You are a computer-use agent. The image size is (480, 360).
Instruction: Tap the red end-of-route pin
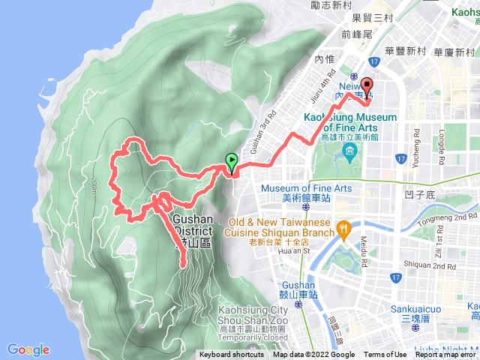coord(367,85)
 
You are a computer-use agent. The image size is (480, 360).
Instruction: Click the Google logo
coord(28,349)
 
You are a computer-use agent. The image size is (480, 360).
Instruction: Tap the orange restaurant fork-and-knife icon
coord(343,227)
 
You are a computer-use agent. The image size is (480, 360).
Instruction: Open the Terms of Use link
coord(385,355)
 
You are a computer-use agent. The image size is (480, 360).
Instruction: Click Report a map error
coord(447,355)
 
